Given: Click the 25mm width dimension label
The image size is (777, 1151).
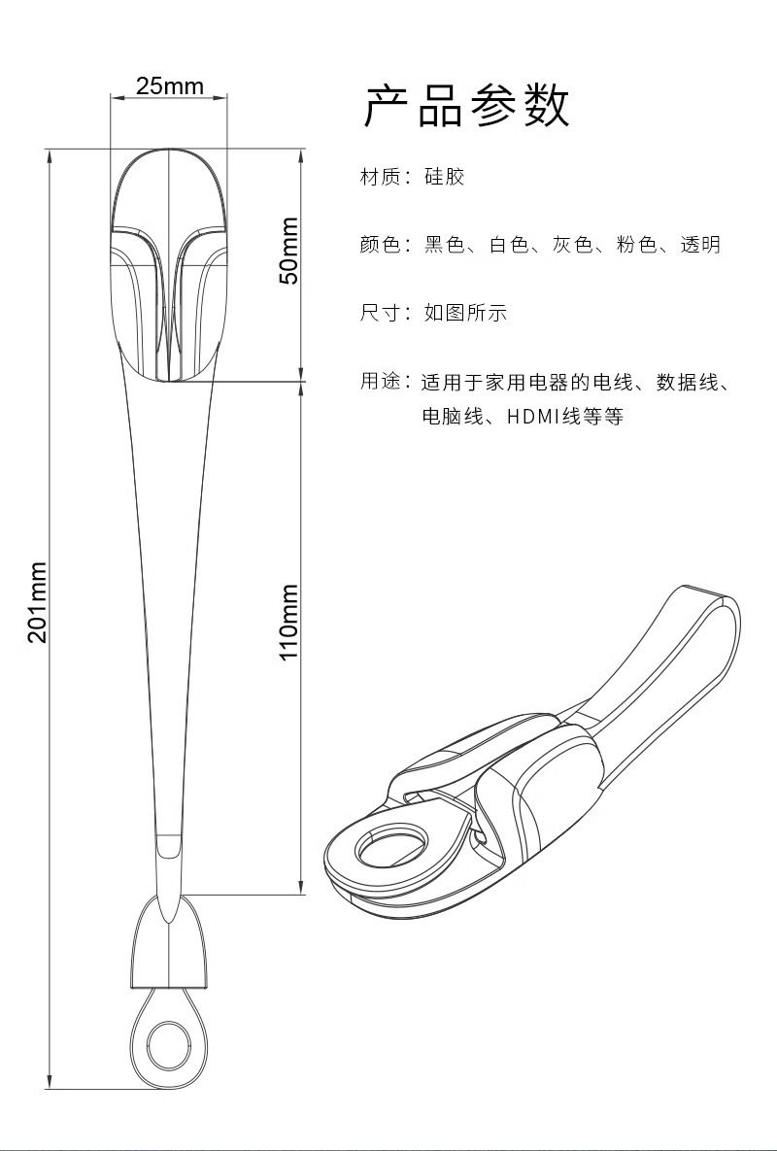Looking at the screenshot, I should pos(169,86).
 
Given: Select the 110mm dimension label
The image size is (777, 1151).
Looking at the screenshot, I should pos(288,623).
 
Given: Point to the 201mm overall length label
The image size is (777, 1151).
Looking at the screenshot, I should pos(37,602).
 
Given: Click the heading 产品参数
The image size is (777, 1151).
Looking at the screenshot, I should pos(466,107).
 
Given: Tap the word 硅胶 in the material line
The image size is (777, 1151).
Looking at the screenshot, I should pos(445,177).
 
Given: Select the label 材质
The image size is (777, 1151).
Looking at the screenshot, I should pos(380,177).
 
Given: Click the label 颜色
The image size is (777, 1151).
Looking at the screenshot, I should pos(380,245).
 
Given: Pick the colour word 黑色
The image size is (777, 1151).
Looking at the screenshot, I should pos(445,245).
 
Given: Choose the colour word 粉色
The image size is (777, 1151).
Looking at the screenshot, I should pos(637,245).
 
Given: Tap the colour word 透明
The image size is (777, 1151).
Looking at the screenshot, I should pos(700,245).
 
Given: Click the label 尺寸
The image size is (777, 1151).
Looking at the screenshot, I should pos(380,313).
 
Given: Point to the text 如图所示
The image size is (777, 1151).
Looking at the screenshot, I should pos(465,313).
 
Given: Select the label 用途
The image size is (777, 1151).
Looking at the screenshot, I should pos(380,381).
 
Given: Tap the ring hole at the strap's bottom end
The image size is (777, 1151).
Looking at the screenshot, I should pos(169,1044).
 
